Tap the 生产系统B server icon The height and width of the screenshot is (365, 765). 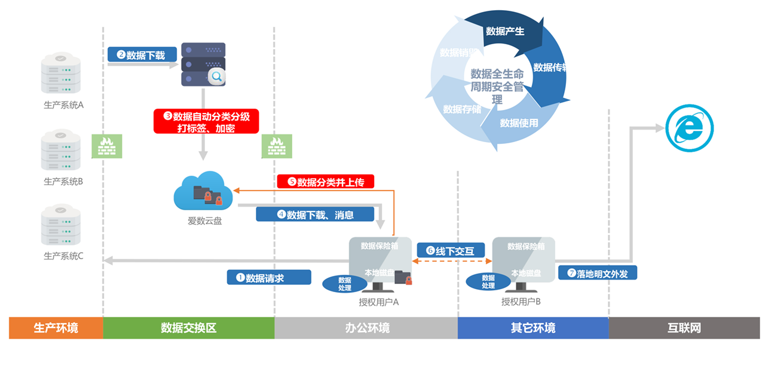(x=60, y=151)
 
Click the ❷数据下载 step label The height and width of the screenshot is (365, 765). (x=142, y=55)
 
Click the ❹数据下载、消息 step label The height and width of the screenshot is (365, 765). (x=315, y=214)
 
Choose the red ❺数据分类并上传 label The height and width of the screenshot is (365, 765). (x=325, y=182)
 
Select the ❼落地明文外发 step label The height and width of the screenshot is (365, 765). (x=597, y=273)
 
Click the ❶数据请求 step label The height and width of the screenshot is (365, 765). (x=269, y=277)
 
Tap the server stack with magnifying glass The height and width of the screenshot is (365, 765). (x=203, y=65)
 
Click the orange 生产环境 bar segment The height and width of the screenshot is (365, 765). (x=56, y=328)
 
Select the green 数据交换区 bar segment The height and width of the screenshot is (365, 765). (x=188, y=328)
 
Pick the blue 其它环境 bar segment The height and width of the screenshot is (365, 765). (x=533, y=328)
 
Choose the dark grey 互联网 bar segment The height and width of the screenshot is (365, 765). (x=684, y=328)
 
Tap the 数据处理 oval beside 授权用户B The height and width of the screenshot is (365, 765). (x=488, y=282)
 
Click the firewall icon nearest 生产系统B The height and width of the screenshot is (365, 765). (x=106, y=146)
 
